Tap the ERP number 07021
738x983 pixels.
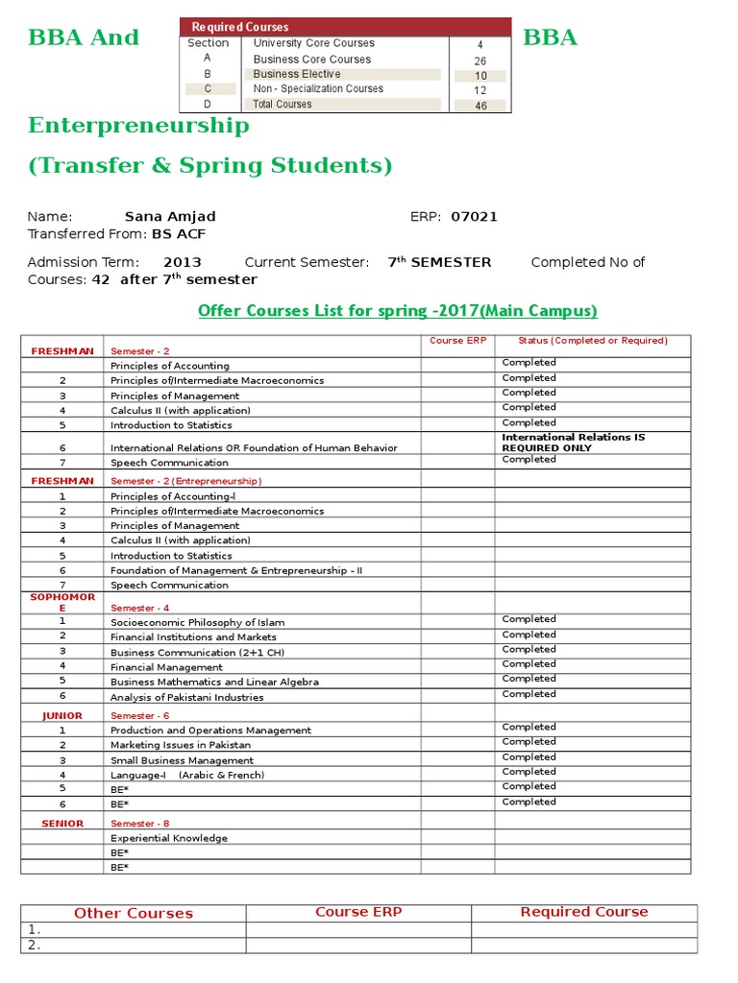tap(474, 217)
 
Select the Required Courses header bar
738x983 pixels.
tap(345, 27)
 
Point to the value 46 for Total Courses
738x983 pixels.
tap(480, 106)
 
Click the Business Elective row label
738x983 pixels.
tap(297, 74)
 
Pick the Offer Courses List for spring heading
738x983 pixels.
tap(397, 311)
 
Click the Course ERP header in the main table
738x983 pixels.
tap(457, 341)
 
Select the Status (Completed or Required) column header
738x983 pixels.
tap(592, 341)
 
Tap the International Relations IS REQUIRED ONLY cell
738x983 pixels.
tap(574, 443)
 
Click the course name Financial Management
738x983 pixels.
tap(166, 667)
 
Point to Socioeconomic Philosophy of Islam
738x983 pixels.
tap(197, 623)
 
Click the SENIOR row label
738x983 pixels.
tap(62, 824)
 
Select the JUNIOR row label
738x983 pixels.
tap(62, 716)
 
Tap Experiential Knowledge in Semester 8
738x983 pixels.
tap(169, 838)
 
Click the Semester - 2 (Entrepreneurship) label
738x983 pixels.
tap(185, 481)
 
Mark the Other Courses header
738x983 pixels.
tap(134, 913)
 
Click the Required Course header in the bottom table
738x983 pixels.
tap(583, 912)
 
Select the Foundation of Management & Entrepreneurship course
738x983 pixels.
tap(236, 570)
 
